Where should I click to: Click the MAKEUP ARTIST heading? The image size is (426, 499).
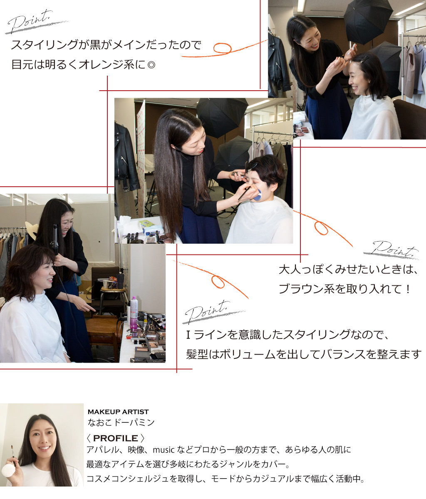[118, 412]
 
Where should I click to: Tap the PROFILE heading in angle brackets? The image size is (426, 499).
[115, 438]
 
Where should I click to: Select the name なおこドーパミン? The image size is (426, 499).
[121, 422]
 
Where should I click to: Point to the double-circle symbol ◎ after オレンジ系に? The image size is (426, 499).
[151, 65]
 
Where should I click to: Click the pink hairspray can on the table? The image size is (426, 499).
[134, 313]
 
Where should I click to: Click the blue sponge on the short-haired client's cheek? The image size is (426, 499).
[258, 195]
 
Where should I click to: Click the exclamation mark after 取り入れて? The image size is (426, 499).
[408, 289]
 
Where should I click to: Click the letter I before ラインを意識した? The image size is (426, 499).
[188, 335]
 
